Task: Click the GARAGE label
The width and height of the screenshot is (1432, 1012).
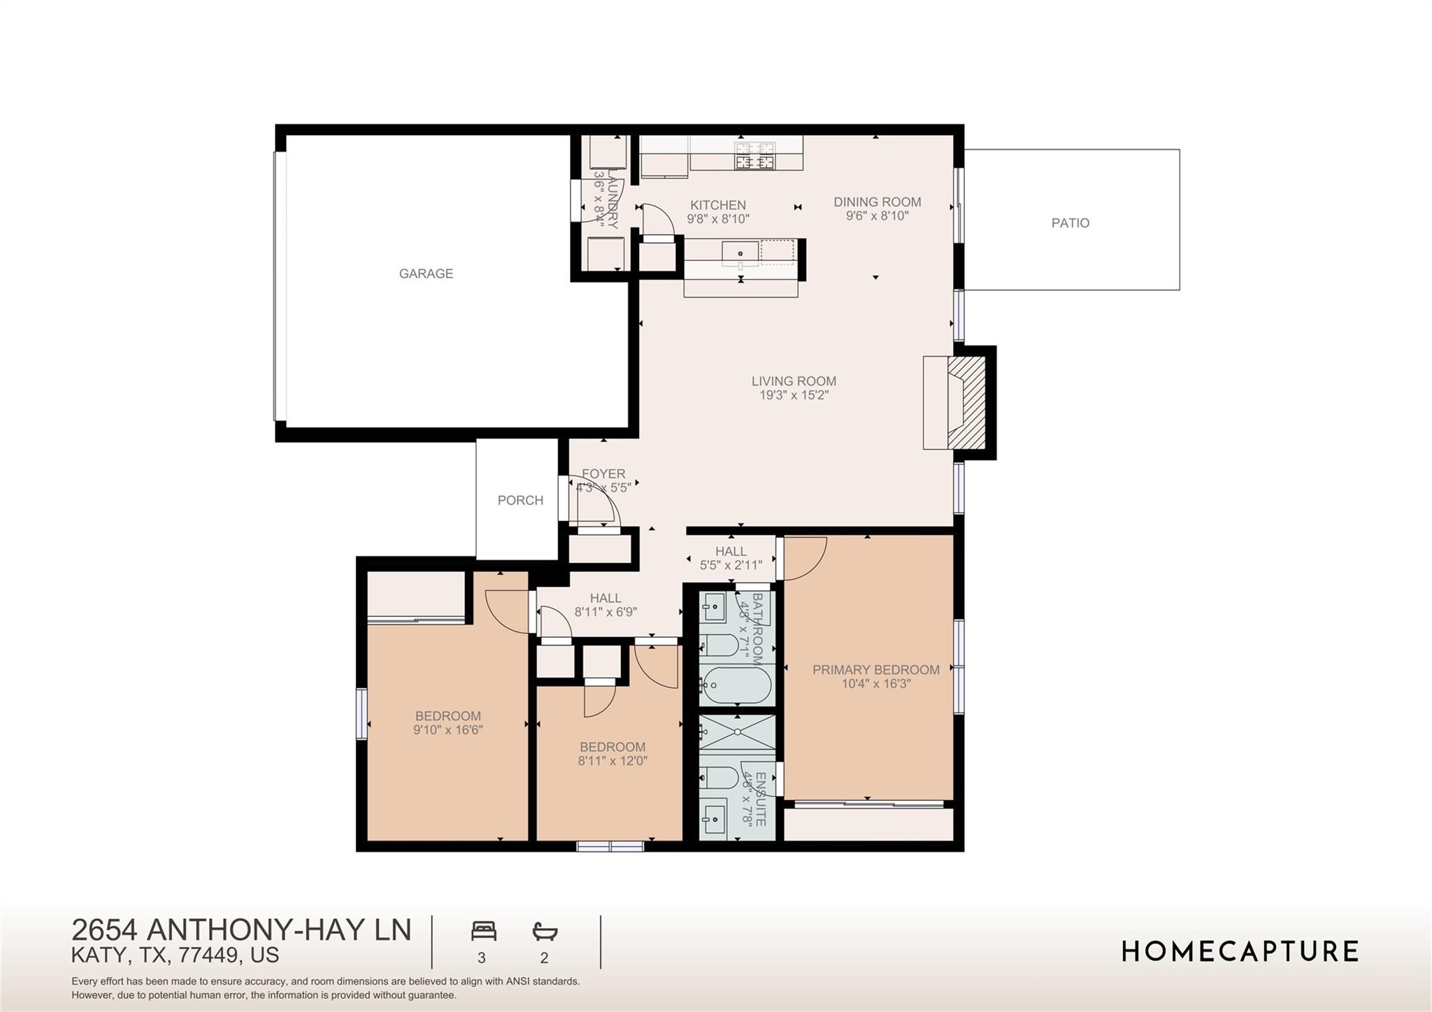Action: (x=426, y=273)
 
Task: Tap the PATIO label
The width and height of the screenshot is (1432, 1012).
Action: (x=1070, y=223)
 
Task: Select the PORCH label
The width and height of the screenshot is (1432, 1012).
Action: (x=520, y=500)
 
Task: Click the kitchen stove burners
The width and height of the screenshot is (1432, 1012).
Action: (x=754, y=155)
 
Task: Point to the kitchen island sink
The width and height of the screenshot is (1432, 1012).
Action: (x=740, y=252)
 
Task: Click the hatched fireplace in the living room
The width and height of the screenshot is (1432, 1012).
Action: (x=966, y=402)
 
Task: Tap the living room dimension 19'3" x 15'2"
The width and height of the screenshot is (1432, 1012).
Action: (x=794, y=395)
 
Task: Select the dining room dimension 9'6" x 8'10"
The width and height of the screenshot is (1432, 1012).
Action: (x=877, y=216)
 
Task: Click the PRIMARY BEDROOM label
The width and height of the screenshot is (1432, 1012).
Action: (x=875, y=669)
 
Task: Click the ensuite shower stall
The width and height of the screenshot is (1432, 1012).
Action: (x=737, y=733)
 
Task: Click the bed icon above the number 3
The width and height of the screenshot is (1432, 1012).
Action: (x=483, y=931)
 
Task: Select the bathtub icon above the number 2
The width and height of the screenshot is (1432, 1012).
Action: (x=545, y=931)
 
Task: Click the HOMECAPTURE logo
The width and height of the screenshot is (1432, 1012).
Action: (x=1240, y=952)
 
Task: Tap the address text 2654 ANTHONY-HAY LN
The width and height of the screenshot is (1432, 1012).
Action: (x=241, y=930)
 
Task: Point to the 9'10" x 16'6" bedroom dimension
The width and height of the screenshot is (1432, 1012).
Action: (x=447, y=730)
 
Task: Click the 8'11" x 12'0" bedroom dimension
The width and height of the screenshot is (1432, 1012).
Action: (x=613, y=761)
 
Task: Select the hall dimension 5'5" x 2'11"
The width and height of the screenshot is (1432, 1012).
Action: (x=731, y=565)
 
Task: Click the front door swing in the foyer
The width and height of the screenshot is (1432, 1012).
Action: (x=594, y=500)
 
